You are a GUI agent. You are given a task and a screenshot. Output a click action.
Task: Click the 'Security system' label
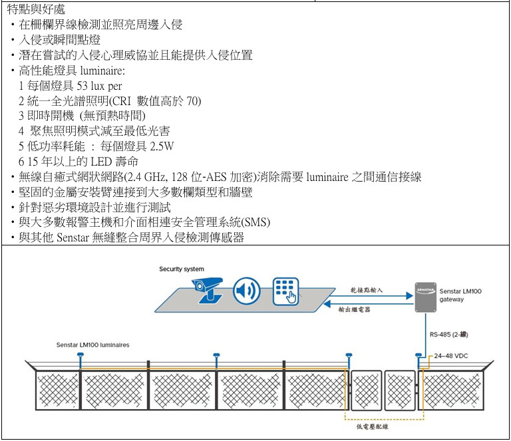click(x=181, y=269)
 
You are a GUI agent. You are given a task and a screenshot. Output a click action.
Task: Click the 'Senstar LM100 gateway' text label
click(x=460, y=295)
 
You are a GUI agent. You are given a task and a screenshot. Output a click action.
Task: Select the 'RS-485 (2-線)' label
click(x=454, y=335)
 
